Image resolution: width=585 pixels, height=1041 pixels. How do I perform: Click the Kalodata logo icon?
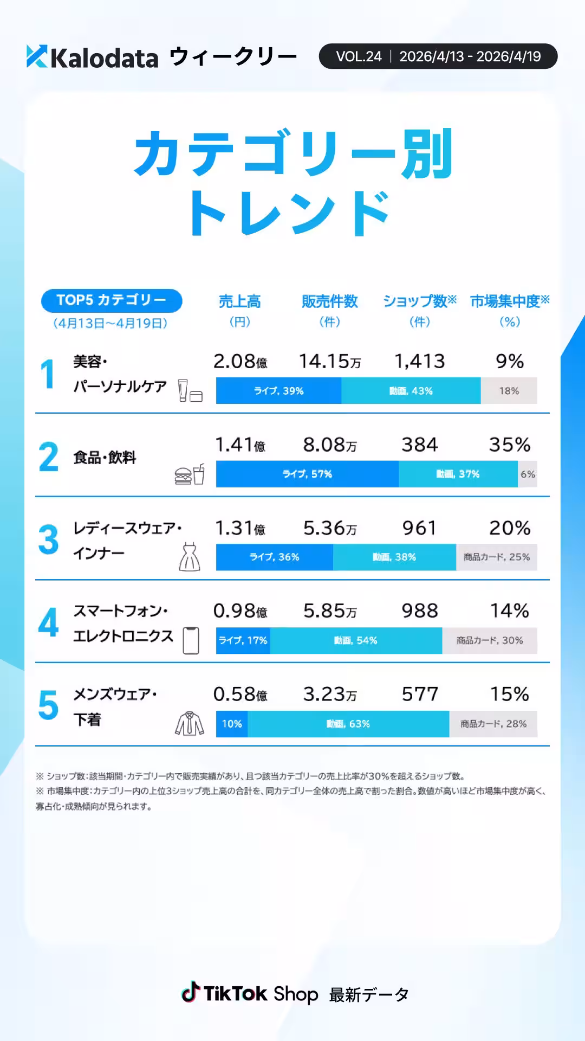point(37,56)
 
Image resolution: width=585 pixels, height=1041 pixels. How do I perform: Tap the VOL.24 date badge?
point(438,56)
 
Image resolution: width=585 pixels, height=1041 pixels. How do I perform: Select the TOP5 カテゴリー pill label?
point(112,300)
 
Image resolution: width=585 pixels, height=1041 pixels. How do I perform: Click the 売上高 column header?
point(239,301)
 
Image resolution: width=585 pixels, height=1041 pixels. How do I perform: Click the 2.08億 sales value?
point(240,362)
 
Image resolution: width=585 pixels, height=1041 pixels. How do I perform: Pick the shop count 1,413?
point(419,362)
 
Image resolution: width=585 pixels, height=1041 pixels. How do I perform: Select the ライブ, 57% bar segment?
point(307,474)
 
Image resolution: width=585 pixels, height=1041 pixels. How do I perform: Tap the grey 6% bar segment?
point(528,474)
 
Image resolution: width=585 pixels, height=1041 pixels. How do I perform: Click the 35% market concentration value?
point(509,445)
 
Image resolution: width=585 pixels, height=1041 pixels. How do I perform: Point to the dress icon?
point(190,557)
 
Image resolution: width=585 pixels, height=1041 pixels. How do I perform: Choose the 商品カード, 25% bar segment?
point(496,557)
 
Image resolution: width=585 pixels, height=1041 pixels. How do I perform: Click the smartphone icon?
point(191,640)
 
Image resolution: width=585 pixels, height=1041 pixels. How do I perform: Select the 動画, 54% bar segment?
point(356,640)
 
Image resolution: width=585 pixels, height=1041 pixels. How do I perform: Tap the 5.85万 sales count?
point(329,611)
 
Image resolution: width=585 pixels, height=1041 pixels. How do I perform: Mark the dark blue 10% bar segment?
point(232,724)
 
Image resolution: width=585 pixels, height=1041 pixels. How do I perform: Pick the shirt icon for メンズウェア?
point(190,723)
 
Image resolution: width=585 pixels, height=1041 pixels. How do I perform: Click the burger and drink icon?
point(190,474)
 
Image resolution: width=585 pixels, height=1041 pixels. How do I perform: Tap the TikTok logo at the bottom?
point(190,993)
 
